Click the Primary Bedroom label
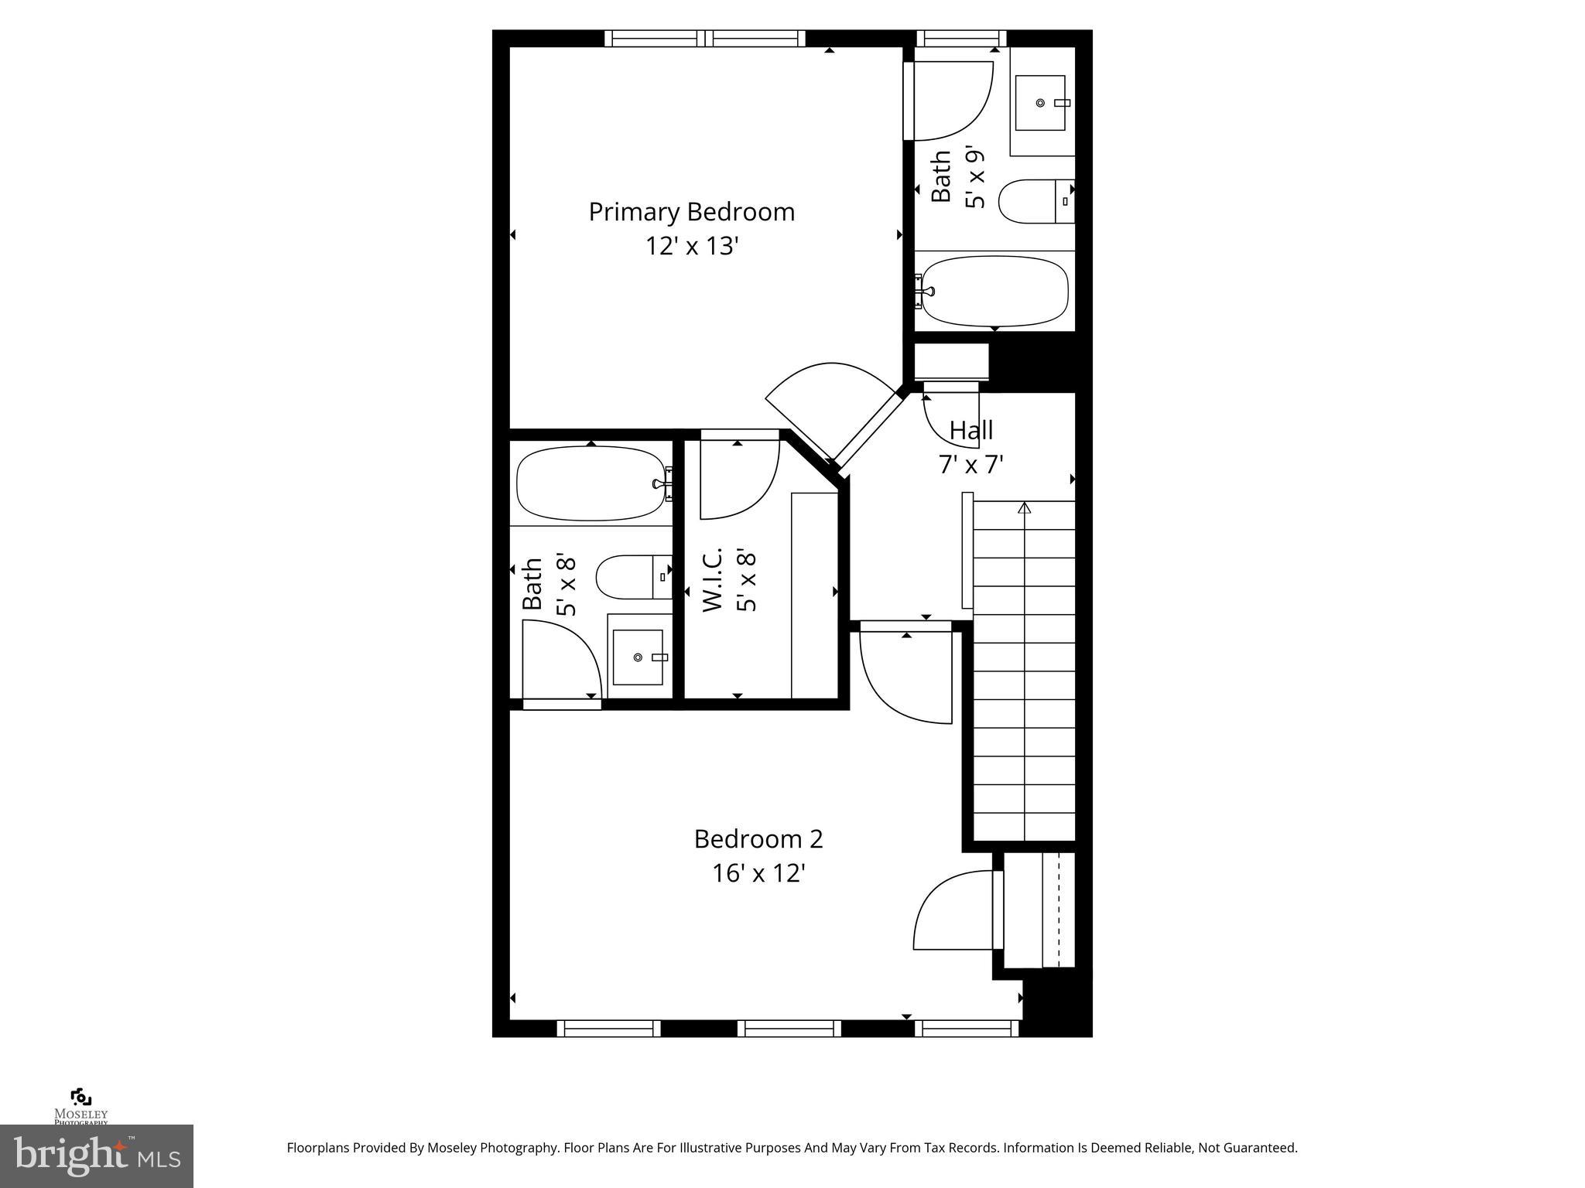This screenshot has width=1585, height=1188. [x=691, y=212]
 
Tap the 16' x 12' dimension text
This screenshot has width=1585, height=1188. [x=758, y=873]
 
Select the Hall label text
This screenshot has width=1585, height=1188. [x=971, y=430]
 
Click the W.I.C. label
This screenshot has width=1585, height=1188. [x=712, y=579]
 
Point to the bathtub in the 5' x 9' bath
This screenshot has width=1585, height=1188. [x=995, y=292]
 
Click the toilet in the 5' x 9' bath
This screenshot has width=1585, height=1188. [x=1036, y=202]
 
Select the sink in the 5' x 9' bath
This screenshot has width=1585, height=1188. [x=1041, y=103]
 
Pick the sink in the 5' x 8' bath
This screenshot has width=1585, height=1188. [x=638, y=657]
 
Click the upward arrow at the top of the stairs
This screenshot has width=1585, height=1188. [x=1024, y=509]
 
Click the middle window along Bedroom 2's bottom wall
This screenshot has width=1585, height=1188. [x=789, y=1028]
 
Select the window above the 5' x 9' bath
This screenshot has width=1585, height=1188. [x=961, y=38]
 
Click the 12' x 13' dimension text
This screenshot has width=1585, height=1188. [x=692, y=246]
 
